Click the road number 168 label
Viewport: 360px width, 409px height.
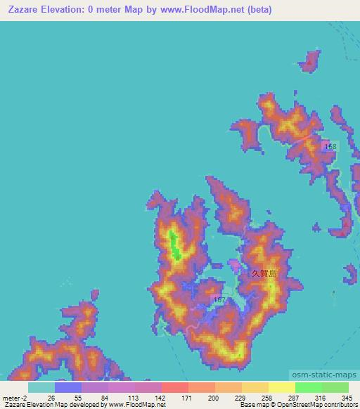coord(330,145)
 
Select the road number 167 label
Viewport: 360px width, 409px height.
coord(219,299)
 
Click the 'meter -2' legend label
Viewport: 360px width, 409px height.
coord(15,397)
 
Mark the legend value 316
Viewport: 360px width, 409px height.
coord(321,397)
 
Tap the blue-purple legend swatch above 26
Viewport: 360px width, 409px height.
coord(67,387)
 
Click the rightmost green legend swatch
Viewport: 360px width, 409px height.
coord(335,387)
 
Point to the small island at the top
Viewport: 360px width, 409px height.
coord(309,62)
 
